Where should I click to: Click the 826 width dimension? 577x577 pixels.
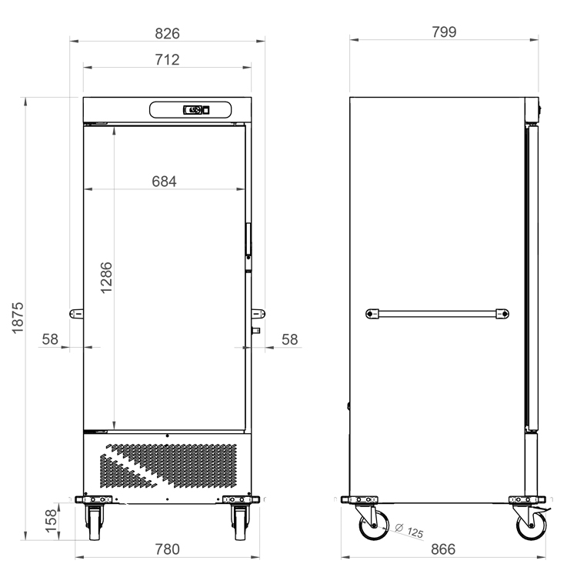coord(167,34)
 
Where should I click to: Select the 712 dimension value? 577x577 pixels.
coord(167,59)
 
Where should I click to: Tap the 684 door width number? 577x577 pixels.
coord(164,182)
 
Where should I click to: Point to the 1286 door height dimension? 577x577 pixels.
coord(106,278)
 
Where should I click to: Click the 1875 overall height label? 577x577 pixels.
coord(18,319)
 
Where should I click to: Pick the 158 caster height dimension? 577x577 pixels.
coord(51,521)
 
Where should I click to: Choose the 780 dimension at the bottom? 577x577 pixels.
coord(168,549)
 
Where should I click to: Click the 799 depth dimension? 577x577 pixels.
coord(444,32)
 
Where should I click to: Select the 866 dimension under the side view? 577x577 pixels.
coord(443,549)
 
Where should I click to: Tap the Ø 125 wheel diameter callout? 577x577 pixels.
coord(409,530)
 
